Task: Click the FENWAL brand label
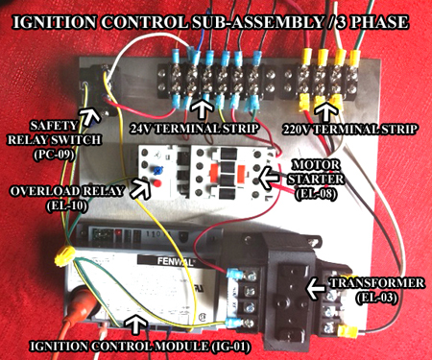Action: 171,262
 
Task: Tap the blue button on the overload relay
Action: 156,170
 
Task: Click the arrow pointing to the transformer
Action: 316,288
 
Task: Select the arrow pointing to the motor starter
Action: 269,178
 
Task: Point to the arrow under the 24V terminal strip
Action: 201,109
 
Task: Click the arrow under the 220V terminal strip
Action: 327,111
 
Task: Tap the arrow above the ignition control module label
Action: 135,324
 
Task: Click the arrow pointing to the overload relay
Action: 140,189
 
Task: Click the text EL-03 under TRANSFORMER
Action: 377,298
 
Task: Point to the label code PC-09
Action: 54,155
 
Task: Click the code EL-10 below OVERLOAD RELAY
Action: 66,205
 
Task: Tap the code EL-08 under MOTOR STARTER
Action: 315,194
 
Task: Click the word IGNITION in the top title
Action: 54,22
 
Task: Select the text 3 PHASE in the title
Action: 370,22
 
